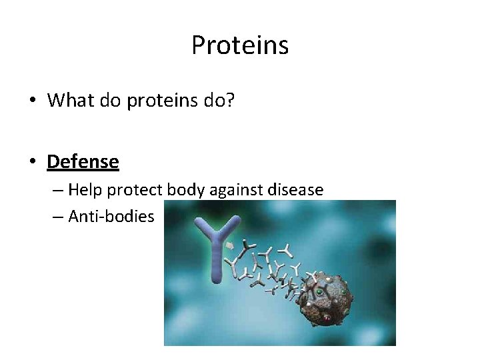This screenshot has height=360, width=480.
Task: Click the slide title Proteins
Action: click(x=240, y=45)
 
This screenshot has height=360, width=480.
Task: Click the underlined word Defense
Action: click(x=83, y=161)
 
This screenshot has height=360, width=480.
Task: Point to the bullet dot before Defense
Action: click(x=32, y=163)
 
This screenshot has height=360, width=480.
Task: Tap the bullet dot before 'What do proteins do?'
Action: click(x=32, y=101)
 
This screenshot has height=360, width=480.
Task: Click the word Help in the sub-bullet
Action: click(x=85, y=190)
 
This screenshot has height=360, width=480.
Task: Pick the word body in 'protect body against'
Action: click(x=186, y=191)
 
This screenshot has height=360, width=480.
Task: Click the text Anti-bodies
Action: click(x=111, y=217)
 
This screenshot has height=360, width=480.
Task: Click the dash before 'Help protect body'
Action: click(x=58, y=191)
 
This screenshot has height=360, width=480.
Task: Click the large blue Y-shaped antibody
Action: click(x=218, y=253)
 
